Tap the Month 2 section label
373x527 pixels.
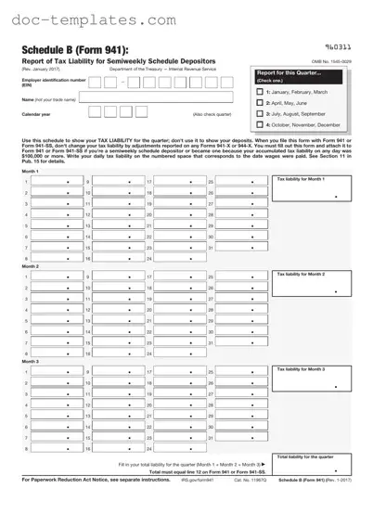click(x=31, y=265)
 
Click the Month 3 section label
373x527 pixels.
click(x=31, y=361)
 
